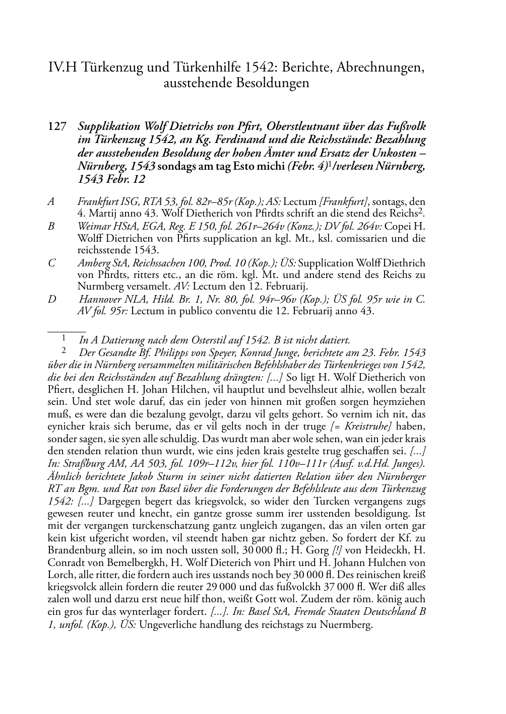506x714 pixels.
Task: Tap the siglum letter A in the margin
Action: tap(51, 202)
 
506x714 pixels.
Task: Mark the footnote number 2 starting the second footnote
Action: tap(64, 350)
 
